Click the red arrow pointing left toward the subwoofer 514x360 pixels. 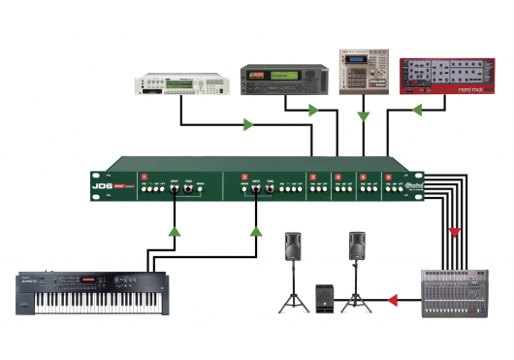click(394, 300)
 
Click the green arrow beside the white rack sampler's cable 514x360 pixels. click(248, 125)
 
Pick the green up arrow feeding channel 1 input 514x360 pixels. click(175, 232)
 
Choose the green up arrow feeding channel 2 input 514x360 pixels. click(257, 232)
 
